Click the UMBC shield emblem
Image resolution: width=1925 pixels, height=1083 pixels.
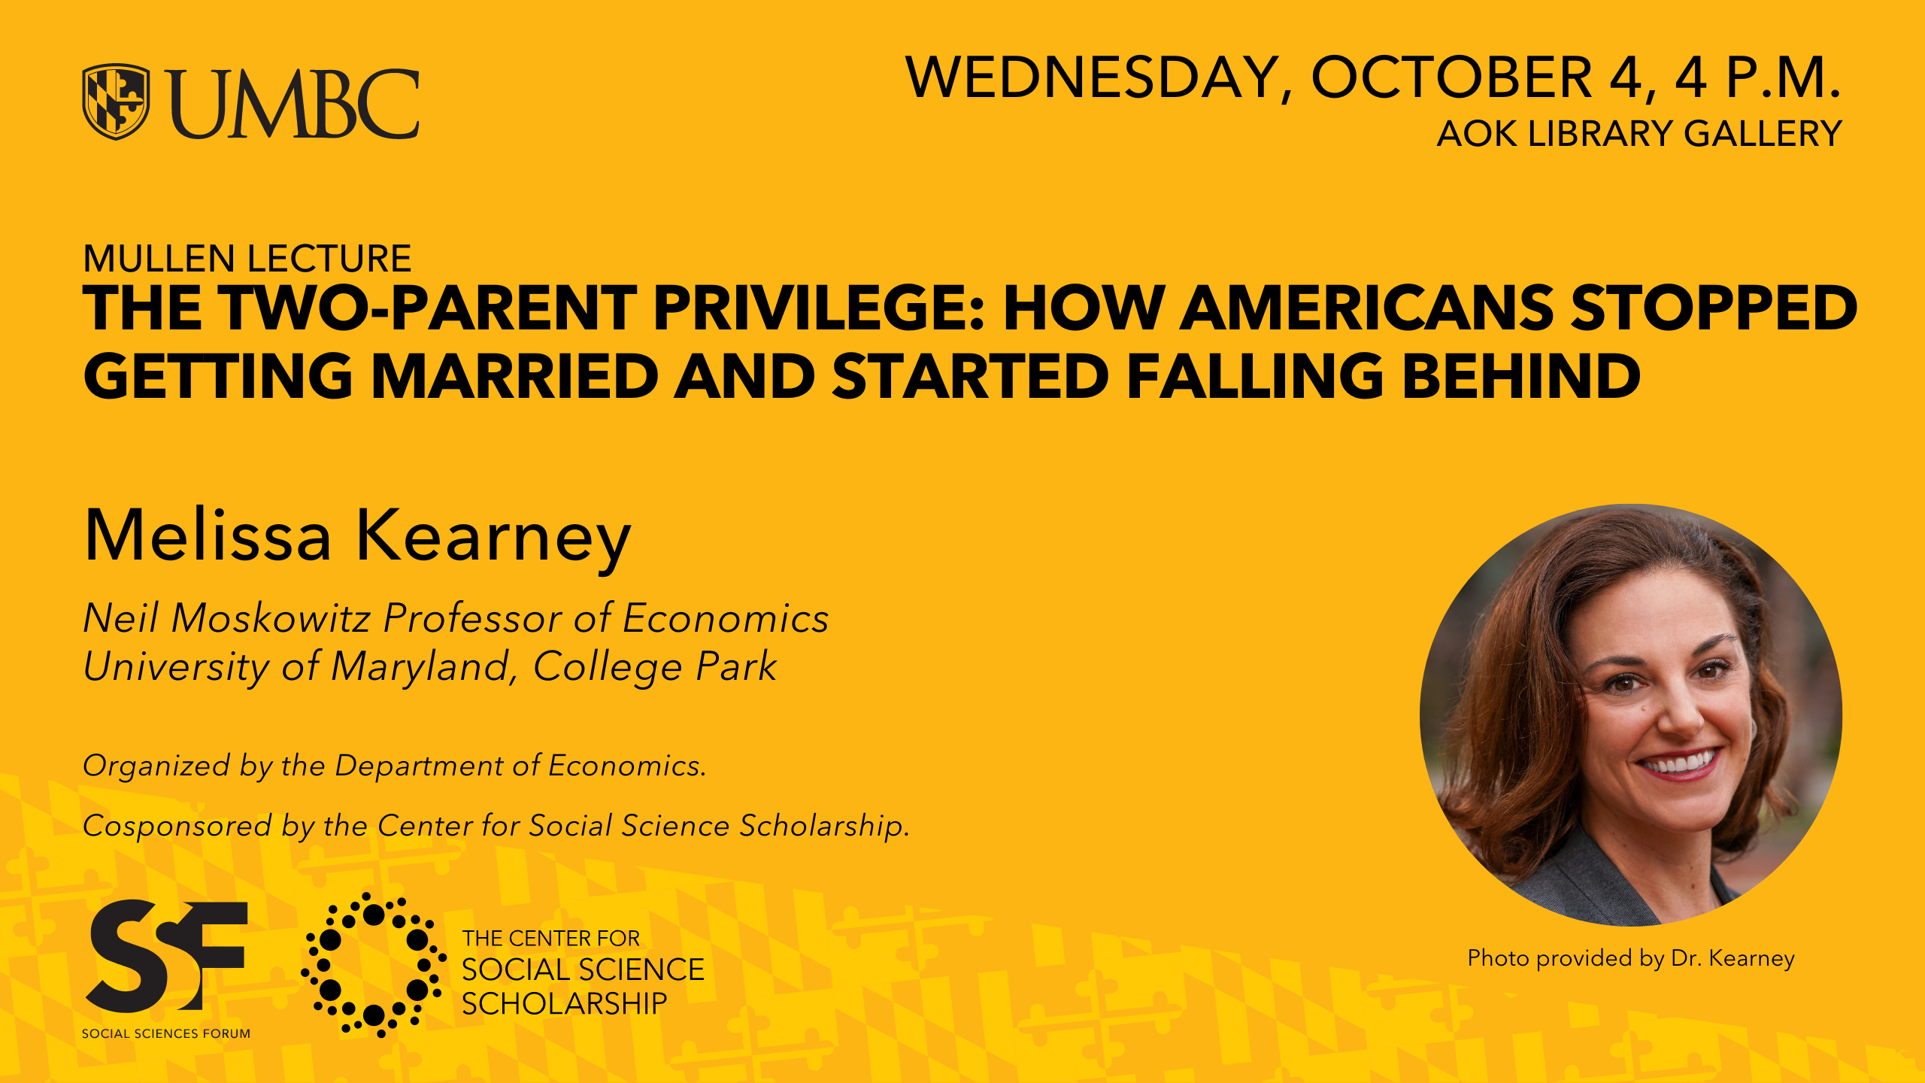click(116, 102)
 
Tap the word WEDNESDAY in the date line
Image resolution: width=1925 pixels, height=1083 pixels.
click(1093, 77)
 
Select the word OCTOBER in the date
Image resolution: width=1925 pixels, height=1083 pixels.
click(1451, 77)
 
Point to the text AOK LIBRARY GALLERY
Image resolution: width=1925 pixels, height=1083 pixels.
click(1639, 134)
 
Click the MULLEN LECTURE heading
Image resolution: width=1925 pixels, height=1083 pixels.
click(247, 259)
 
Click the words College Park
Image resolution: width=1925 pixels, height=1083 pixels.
click(655, 667)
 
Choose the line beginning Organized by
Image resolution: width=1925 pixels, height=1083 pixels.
click(395, 766)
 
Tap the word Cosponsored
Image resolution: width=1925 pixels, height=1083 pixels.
click(177, 826)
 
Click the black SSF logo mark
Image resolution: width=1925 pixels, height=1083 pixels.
click(167, 955)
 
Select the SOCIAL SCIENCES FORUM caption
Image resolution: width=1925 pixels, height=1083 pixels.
click(166, 1033)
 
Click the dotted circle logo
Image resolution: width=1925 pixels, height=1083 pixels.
click(374, 966)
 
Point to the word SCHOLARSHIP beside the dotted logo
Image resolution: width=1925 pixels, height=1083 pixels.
click(565, 1003)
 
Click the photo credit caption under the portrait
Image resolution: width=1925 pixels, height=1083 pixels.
click(1631, 958)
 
